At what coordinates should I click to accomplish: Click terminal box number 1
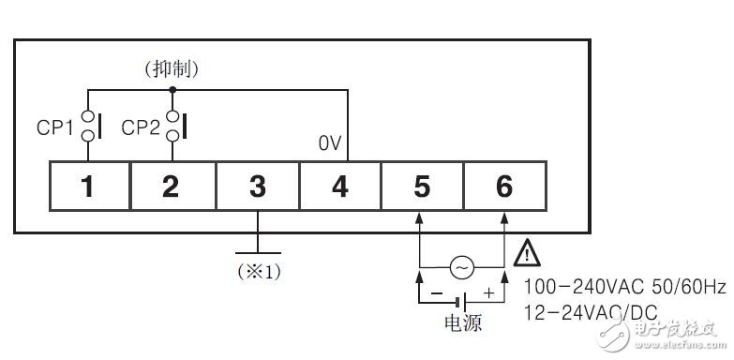(x=87, y=187)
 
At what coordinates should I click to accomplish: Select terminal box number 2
(x=171, y=187)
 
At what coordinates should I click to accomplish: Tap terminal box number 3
(x=257, y=187)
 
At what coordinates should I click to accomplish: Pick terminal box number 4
(x=339, y=187)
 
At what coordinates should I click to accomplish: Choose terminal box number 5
(x=421, y=187)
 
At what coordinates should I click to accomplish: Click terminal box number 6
(x=503, y=187)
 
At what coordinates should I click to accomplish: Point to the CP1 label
(x=55, y=127)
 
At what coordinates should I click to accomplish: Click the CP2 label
(x=141, y=127)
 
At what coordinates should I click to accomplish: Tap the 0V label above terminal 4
(x=330, y=144)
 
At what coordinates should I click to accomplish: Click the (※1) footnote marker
(x=257, y=272)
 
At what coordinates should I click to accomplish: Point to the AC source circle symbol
(x=461, y=267)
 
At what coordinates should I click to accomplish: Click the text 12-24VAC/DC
(x=590, y=311)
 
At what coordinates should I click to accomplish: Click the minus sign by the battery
(x=435, y=293)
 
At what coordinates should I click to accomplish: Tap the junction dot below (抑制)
(x=172, y=89)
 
